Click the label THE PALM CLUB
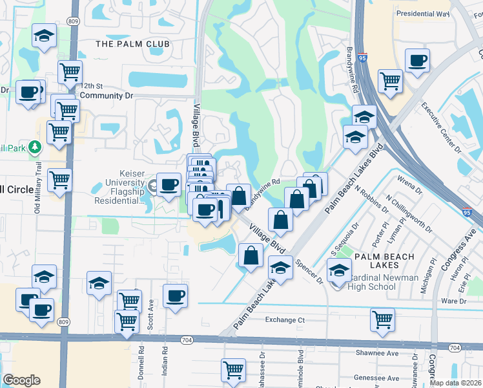pyautogui.click(x=132, y=44)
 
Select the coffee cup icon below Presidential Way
pyautogui.click(x=417, y=61)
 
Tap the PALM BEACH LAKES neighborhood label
pyautogui.click(x=385, y=263)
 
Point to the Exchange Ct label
pyautogui.click(x=285, y=320)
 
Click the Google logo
pyautogui.click(x=21, y=380)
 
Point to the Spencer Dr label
pyautogui.click(x=309, y=272)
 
